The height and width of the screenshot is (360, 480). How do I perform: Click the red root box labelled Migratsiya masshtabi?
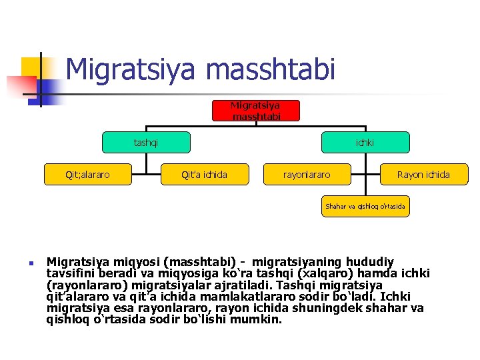[x=255, y=111]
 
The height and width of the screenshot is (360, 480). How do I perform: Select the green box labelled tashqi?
[x=146, y=142]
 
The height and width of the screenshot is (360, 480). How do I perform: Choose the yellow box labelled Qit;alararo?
[x=87, y=175]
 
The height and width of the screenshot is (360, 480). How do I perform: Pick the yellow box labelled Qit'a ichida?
[x=204, y=175]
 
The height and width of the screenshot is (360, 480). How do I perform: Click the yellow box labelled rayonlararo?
[x=307, y=175]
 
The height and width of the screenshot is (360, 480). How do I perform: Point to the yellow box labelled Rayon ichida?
[x=423, y=175]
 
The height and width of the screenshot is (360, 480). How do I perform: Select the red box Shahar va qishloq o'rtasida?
[x=365, y=207]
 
